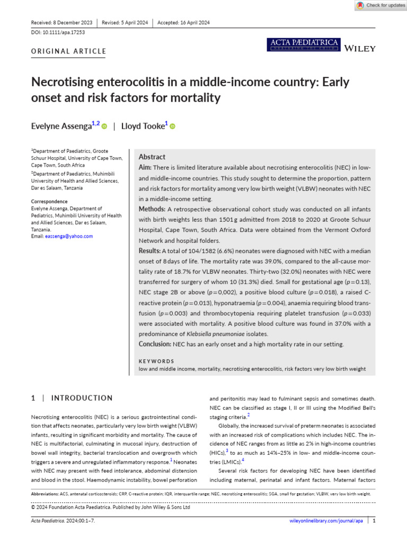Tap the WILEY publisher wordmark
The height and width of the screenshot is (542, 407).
[360, 49]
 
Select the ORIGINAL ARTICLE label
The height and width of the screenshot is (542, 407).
[68, 51]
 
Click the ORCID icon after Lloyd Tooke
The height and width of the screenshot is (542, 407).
[173, 127]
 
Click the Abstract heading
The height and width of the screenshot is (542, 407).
[152, 157]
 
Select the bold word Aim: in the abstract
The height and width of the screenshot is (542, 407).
[146, 167]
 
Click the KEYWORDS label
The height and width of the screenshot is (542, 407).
[156, 361]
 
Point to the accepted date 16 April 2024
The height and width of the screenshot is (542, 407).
[191, 22]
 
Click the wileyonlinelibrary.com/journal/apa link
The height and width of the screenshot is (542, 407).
[326, 521]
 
